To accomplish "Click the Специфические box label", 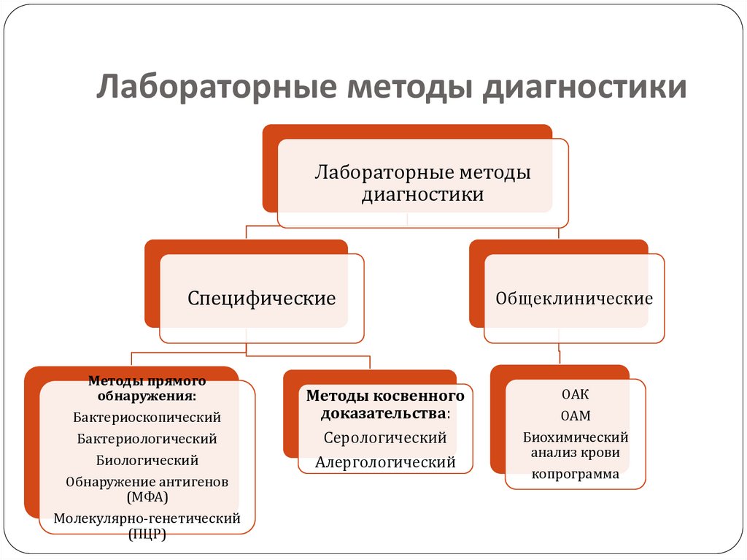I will pos(262,299).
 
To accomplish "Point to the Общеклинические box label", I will pos(574,299).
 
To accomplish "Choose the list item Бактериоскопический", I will pos(147,418).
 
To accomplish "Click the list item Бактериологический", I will pos(147,439).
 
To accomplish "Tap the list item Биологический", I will pos(147,460).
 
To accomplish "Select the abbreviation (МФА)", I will pos(147,497).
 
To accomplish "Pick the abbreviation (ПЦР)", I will pos(147,534).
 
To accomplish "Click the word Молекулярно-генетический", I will pos(147,519).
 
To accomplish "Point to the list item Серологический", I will pos(385,438).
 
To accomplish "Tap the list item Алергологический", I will pos(385,462).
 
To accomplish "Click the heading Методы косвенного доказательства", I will pos(385,404).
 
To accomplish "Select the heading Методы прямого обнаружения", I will pos(147,388).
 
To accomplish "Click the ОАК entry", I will pos(575,394).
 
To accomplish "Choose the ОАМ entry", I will pos(575,416).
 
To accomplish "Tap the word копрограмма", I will pos(575,474).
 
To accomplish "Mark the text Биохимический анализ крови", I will pos(575,445).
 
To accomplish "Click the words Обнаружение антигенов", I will pos(147,482).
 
